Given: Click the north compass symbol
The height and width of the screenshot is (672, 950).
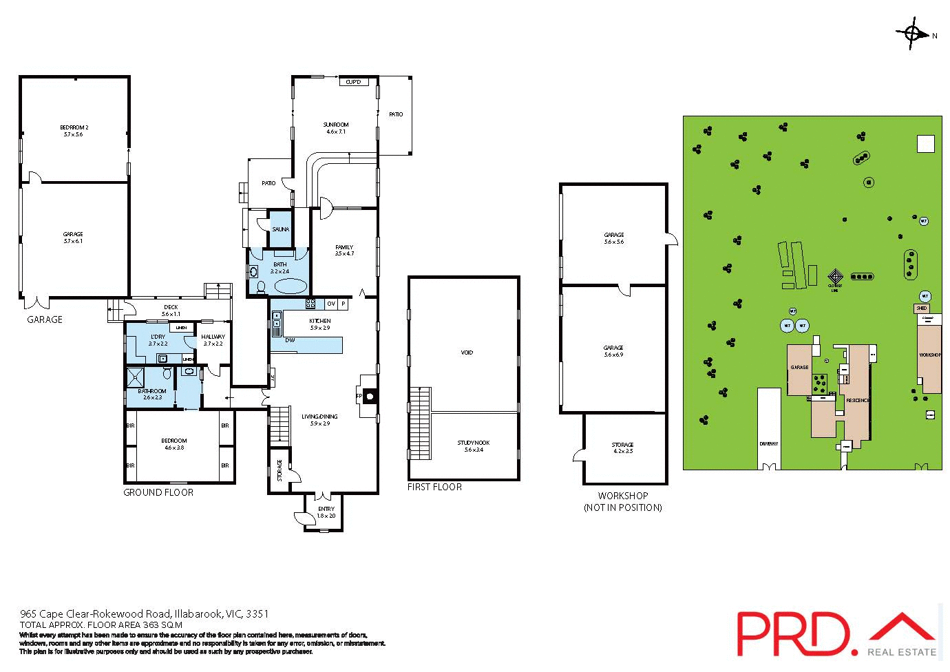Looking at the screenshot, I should (912, 34).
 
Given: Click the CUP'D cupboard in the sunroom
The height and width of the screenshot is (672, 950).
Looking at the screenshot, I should (353, 82).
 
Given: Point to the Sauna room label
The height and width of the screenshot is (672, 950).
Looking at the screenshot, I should (281, 229).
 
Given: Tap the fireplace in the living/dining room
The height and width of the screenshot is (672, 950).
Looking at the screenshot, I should (369, 397).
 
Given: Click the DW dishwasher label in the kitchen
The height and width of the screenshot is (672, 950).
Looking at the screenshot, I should (290, 340).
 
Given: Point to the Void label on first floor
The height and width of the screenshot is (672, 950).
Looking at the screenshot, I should (467, 353).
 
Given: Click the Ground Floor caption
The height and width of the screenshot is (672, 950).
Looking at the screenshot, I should (158, 492).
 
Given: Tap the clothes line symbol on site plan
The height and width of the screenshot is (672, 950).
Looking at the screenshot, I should (834, 276).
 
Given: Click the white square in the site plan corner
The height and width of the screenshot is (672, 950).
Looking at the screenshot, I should (926, 143).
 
